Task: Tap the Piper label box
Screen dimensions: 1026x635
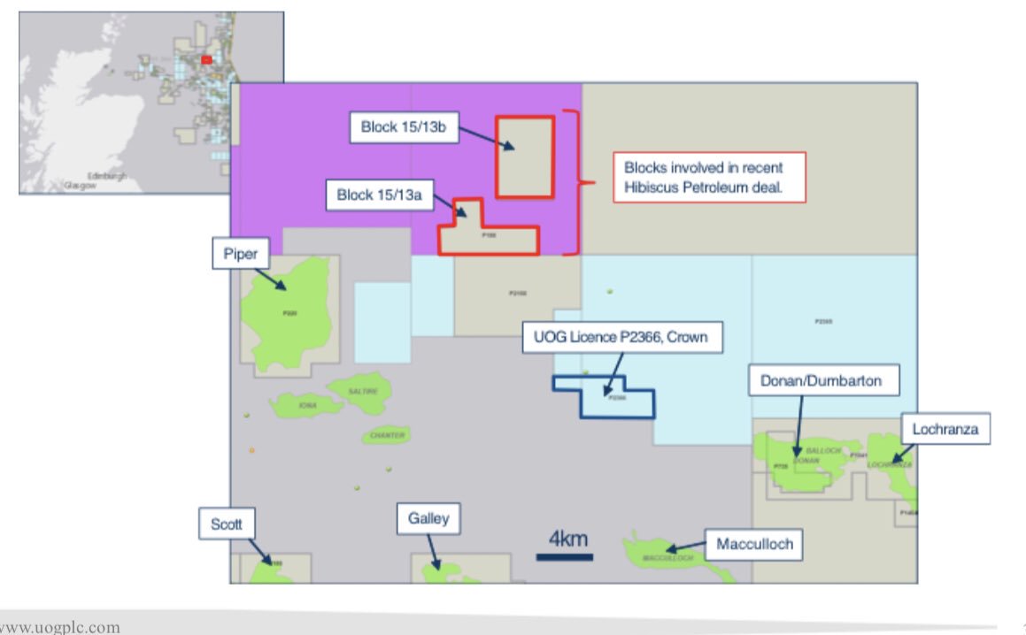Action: (239, 256)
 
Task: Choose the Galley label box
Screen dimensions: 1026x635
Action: (428, 518)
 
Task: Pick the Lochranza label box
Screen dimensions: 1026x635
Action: (945, 430)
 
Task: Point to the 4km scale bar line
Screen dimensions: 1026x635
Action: (564, 557)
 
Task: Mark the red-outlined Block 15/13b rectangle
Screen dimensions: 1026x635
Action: (524, 157)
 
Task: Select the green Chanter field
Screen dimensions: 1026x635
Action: (386, 435)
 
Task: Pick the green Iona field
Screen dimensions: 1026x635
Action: (306, 405)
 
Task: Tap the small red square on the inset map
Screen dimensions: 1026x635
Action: (206, 59)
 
